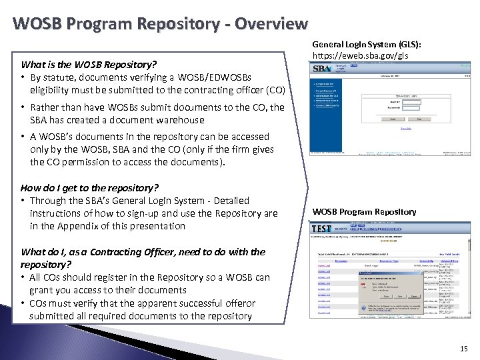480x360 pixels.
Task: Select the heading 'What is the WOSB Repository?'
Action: (89, 65)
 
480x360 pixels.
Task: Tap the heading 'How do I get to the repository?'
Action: (89, 187)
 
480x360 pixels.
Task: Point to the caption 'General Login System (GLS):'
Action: (367, 44)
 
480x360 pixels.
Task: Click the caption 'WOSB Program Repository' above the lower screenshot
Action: (364, 212)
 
